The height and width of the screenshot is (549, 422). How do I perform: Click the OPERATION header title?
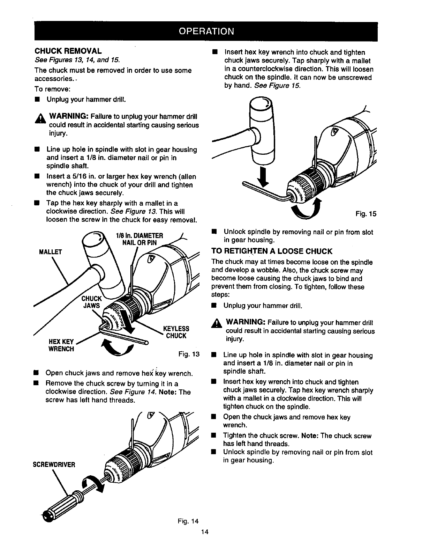206,31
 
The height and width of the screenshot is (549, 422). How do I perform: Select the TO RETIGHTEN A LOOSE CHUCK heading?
272,251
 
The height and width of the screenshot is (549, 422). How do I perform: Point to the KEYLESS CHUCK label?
176,332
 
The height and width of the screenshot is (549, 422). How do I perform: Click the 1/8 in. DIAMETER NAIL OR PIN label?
137,239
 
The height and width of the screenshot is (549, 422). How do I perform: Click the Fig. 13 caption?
188,355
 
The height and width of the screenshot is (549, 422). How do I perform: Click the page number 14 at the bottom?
205,532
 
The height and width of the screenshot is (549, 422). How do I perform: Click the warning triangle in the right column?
219,324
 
